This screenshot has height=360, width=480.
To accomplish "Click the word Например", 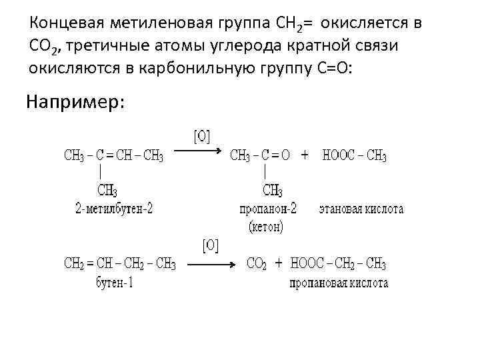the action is pyautogui.click(x=75, y=102).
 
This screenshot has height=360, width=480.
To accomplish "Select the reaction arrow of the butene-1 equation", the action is pyautogui.click(x=212, y=263).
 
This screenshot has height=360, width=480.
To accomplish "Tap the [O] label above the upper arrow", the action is pyautogui.click(x=201, y=137).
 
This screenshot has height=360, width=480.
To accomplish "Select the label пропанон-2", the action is pyautogui.click(x=268, y=209).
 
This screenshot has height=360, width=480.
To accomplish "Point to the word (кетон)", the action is pyautogui.click(x=266, y=227).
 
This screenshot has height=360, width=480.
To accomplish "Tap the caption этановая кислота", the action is pyautogui.click(x=361, y=209).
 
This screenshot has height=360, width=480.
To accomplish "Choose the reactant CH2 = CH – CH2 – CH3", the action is pyautogui.click(x=120, y=264).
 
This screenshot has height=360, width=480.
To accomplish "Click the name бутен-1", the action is pyautogui.click(x=115, y=282).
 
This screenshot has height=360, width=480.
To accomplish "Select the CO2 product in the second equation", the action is pyautogui.click(x=257, y=264).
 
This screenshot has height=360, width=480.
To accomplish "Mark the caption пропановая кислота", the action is pyautogui.click(x=339, y=283).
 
